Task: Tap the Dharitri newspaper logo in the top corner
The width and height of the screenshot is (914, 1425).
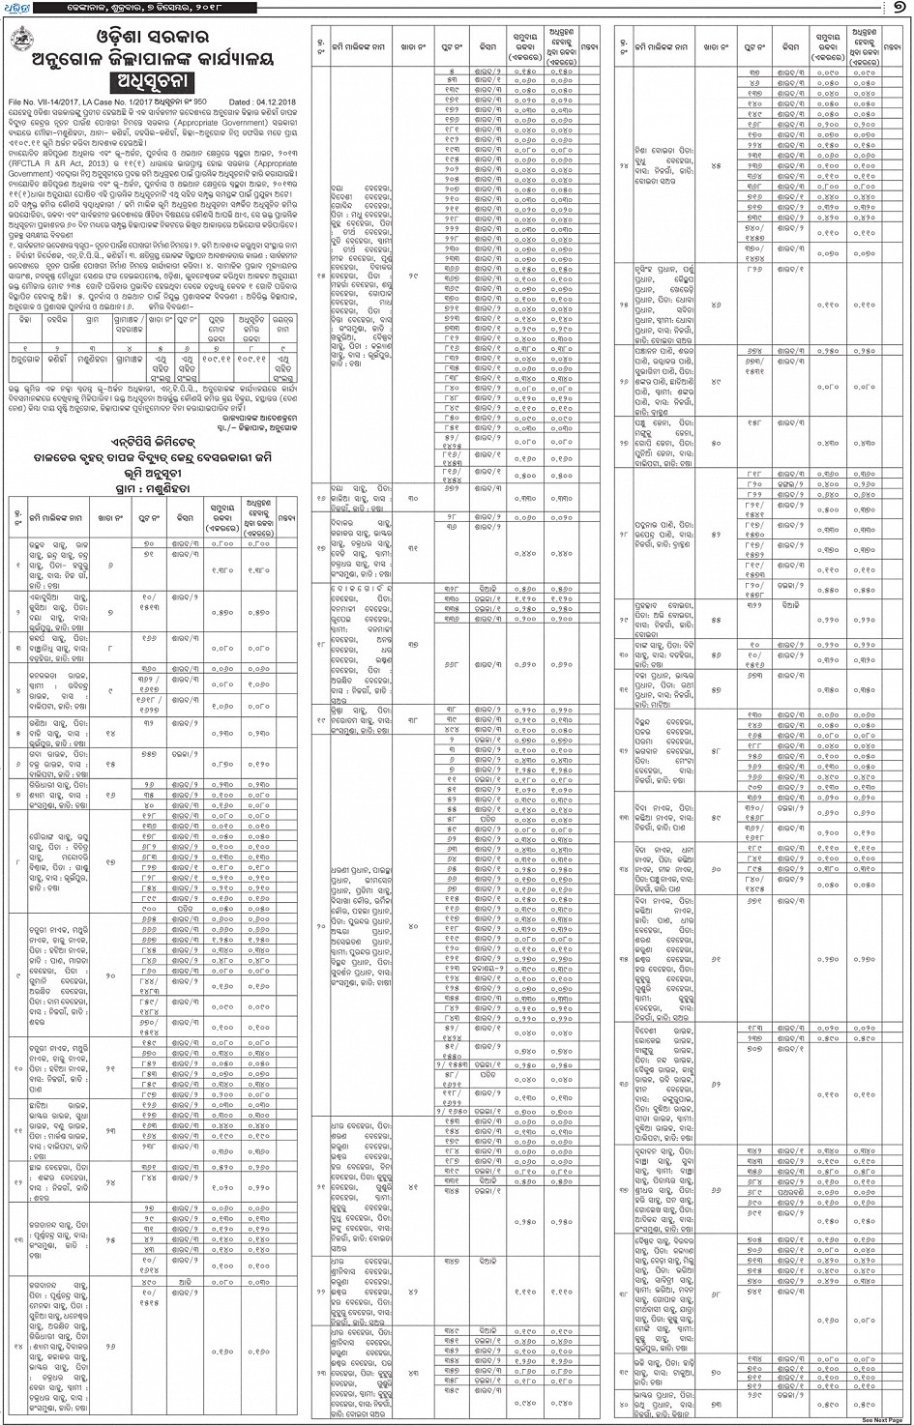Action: tap(17, 8)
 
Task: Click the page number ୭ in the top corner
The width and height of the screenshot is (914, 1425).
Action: tap(900, 9)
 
